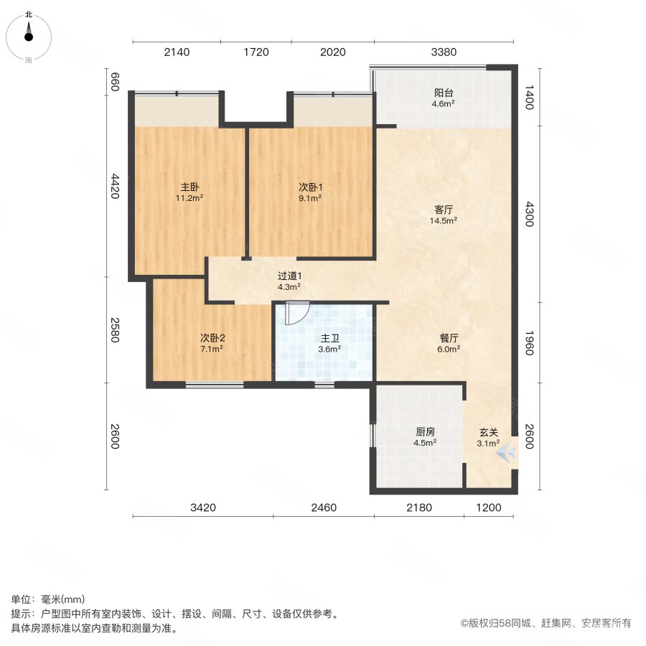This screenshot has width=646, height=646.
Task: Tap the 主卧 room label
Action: coord(189,187)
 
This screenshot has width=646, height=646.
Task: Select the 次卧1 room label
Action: coord(310,187)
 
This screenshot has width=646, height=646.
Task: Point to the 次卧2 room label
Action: coord(211,337)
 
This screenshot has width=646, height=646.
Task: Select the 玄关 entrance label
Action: coord(489,432)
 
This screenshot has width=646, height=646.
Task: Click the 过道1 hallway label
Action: coord(289,275)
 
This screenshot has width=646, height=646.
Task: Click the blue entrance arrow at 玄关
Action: coord(507,451)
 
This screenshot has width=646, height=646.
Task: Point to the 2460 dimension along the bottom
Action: coord(323,509)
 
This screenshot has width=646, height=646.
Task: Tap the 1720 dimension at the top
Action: coord(256,52)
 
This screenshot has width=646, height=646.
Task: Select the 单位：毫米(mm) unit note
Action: coord(47,600)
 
